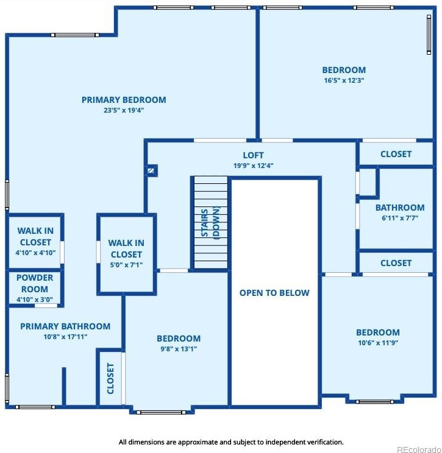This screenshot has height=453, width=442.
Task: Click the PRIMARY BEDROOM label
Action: [124, 100]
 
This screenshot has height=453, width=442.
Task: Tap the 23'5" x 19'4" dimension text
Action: [124, 110]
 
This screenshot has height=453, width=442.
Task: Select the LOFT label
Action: [253, 155]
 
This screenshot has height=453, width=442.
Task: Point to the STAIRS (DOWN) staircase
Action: [210, 223]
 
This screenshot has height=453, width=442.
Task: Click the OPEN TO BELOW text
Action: [274, 293]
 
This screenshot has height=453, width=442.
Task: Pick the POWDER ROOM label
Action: [35, 283]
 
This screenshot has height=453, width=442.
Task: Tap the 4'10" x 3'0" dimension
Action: [35, 300]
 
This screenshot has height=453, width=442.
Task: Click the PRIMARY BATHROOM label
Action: [65, 326]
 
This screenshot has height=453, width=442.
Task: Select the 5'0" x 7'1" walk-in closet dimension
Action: [126, 265]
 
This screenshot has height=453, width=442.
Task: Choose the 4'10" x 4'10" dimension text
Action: [35, 253]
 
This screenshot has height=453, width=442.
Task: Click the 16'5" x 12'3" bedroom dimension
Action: [344, 80]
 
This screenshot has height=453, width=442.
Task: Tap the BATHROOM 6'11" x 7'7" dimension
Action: [400, 218]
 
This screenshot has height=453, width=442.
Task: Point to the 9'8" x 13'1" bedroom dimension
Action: [179, 349]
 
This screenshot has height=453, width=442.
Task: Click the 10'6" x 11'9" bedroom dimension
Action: [378, 343]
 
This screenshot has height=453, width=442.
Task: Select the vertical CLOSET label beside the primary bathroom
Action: [110, 379]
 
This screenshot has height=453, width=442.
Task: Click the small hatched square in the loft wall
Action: [151, 170]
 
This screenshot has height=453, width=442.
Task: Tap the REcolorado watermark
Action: [419, 449]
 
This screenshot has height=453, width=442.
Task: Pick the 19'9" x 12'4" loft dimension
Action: [254, 166]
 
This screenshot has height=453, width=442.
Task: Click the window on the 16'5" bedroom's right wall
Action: [429, 35]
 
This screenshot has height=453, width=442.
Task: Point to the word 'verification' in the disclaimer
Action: [326, 442]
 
